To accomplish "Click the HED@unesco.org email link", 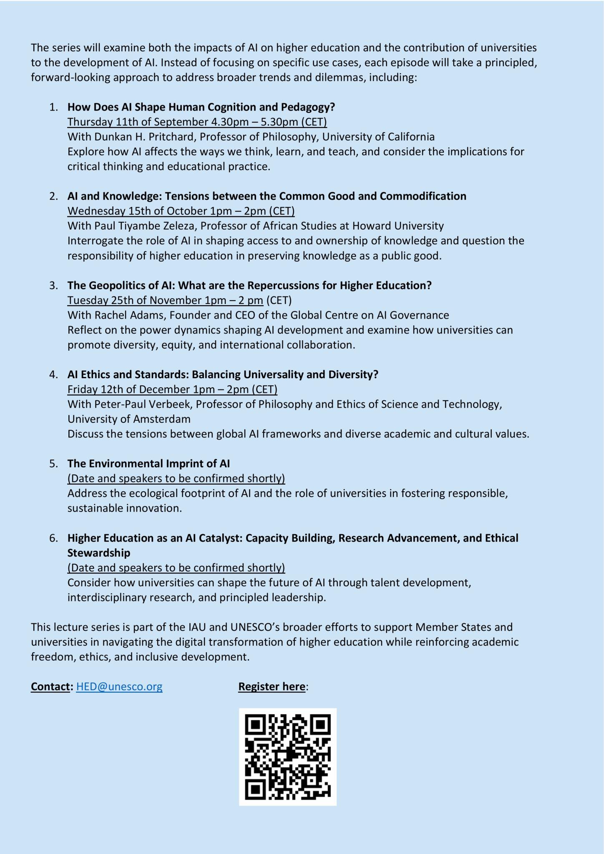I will [x=119, y=686].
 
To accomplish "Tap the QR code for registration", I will [x=287, y=757].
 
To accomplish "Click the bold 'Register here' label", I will [x=272, y=686].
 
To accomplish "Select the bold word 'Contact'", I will [x=50, y=686].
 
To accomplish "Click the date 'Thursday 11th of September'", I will [x=138, y=122].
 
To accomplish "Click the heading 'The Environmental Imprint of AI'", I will [x=148, y=464].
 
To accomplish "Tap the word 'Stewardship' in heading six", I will [x=99, y=553].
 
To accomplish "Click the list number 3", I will [x=53, y=286].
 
